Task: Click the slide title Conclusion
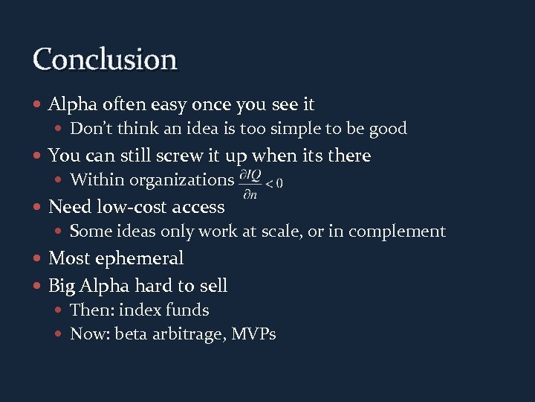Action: (105, 59)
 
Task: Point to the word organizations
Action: (182, 179)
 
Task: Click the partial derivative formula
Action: (261, 181)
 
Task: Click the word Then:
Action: (92, 310)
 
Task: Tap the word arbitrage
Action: (189, 334)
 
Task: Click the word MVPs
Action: (253, 334)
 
